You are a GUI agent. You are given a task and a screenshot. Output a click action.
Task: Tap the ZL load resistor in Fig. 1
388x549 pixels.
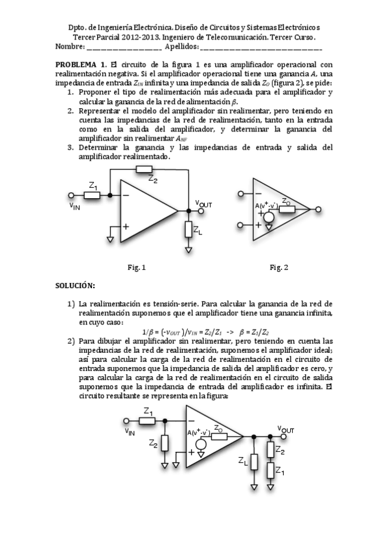coord(188,229)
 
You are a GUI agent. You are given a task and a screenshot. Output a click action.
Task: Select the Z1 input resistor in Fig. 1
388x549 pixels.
coord(93,194)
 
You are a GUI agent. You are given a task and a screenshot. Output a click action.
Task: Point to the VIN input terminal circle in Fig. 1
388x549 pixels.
coord(71,194)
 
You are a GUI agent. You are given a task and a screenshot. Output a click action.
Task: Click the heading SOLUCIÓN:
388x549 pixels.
coord(75,285)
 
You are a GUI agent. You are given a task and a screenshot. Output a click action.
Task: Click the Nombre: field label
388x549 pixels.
coord(70,47)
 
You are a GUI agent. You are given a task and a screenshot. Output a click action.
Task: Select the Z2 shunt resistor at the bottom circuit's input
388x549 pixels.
coord(165,443)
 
